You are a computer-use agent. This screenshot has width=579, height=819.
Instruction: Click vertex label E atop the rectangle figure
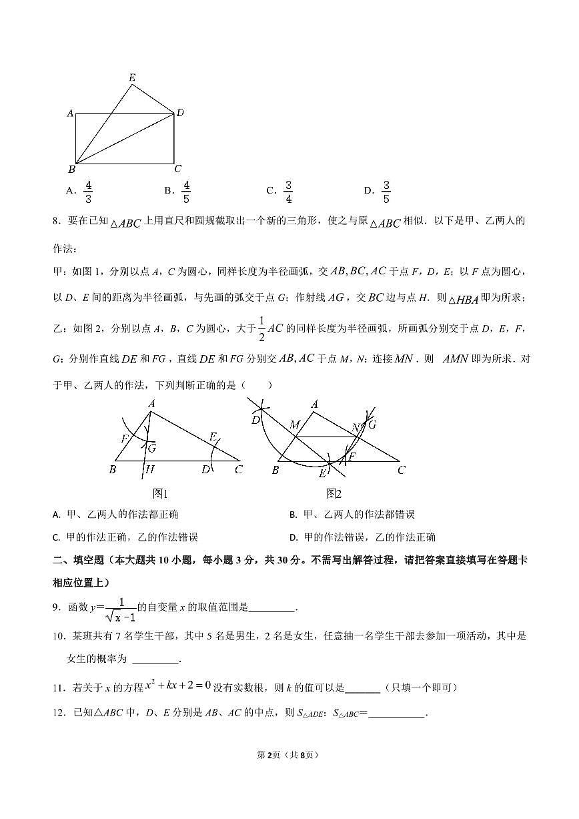pos(132,78)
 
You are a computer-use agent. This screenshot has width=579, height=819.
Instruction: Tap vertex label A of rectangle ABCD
pos(70,113)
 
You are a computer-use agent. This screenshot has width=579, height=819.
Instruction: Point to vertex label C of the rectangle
pos(177,169)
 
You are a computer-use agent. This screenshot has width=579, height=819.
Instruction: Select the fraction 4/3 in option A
pos(89,192)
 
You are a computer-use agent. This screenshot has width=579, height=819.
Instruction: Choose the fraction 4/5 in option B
pos(186,192)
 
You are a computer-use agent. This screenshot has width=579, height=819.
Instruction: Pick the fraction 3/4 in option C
pos(288,192)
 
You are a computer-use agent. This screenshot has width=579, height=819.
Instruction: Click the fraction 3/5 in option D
pos(386,192)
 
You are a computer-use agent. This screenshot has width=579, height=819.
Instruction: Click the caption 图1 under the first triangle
pos(160,493)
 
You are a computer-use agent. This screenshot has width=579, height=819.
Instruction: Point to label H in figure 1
pos(150,470)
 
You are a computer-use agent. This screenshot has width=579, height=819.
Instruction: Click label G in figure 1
pos(152,447)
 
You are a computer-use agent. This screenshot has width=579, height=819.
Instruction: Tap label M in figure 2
pos(294,425)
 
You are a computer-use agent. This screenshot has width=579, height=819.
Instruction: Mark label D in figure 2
pos(255,420)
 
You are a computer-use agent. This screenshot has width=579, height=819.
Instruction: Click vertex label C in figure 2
pos(401,470)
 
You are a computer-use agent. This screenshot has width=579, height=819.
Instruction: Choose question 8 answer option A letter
pos(56,515)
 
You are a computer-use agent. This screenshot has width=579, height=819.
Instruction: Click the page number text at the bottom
pos(289,755)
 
